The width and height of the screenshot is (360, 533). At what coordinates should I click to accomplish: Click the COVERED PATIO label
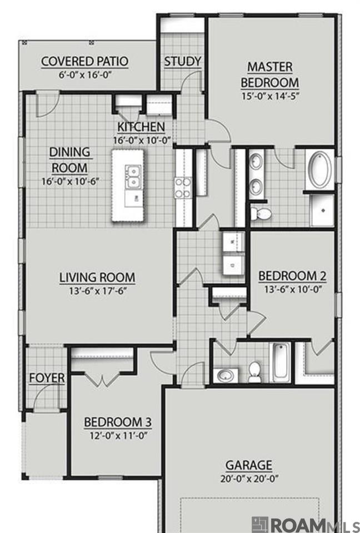(x=84, y=62)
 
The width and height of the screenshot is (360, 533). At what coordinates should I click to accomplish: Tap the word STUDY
(x=183, y=62)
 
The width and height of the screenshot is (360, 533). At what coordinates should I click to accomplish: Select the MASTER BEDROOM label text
(x=270, y=74)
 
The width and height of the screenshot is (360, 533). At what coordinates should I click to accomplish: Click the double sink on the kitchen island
(x=133, y=177)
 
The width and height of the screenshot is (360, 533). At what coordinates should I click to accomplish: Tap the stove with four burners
(x=183, y=188)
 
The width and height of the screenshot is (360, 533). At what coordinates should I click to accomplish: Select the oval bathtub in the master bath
(x=320, y=170)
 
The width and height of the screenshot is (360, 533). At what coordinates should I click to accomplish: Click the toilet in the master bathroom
(x=261, y=214)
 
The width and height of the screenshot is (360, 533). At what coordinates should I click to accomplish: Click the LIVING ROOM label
(x=97, y=278)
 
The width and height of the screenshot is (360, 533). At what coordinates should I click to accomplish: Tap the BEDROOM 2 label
(x=293, y=276)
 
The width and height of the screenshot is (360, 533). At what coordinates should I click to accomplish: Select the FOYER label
(x=47, y=378)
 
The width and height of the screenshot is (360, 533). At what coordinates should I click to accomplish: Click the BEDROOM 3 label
(x=118, y=422)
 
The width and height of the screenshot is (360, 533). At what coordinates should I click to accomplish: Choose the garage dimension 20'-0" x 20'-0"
(x=249, y=479)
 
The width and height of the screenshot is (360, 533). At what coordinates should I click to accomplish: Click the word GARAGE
(x=249, y=465)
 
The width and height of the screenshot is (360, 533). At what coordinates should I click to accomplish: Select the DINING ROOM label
(x=70, y=160)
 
